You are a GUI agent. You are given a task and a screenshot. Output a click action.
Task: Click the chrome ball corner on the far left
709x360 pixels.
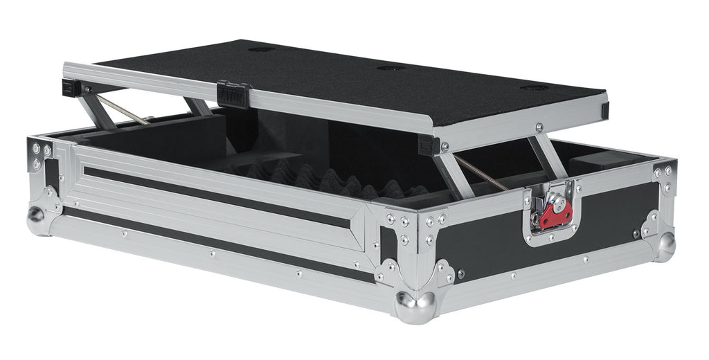click(x=37, y=219)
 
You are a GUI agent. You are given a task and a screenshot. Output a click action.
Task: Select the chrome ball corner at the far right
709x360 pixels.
click(x=665, y=244)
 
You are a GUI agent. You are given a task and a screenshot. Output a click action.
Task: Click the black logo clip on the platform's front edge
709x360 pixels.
click(x=233, y=94)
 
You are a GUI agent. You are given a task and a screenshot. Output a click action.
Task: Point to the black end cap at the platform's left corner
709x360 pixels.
click(x=71, y=87)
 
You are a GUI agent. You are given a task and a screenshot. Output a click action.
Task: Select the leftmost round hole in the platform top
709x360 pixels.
click(x=262, y=49)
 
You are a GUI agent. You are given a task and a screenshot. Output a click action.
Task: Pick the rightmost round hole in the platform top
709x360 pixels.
click(x=534, y=88)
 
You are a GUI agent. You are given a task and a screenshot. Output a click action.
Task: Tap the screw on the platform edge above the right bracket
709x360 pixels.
click(x=539, y=127)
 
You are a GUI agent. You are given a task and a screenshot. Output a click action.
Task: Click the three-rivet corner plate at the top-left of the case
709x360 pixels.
click(x=39, y=155)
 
